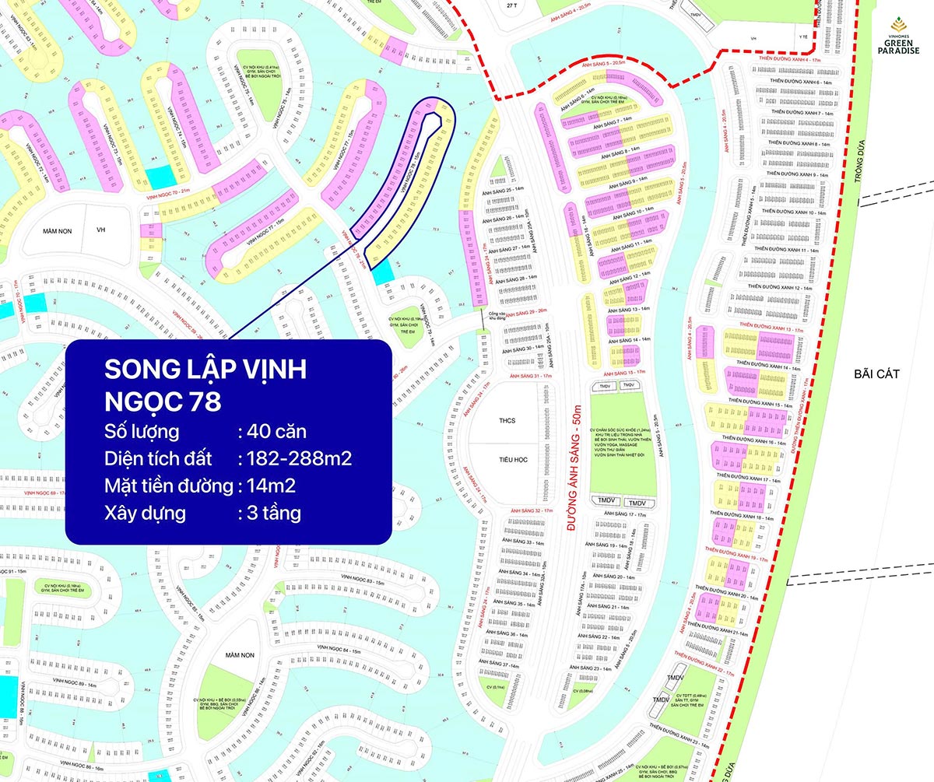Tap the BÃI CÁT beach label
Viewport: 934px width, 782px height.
(x=876, y=374)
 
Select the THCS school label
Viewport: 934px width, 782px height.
(x=507, y=421)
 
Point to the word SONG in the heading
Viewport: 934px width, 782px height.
(x=137, y=370)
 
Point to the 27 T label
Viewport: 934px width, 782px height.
(x=511, y=5)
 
